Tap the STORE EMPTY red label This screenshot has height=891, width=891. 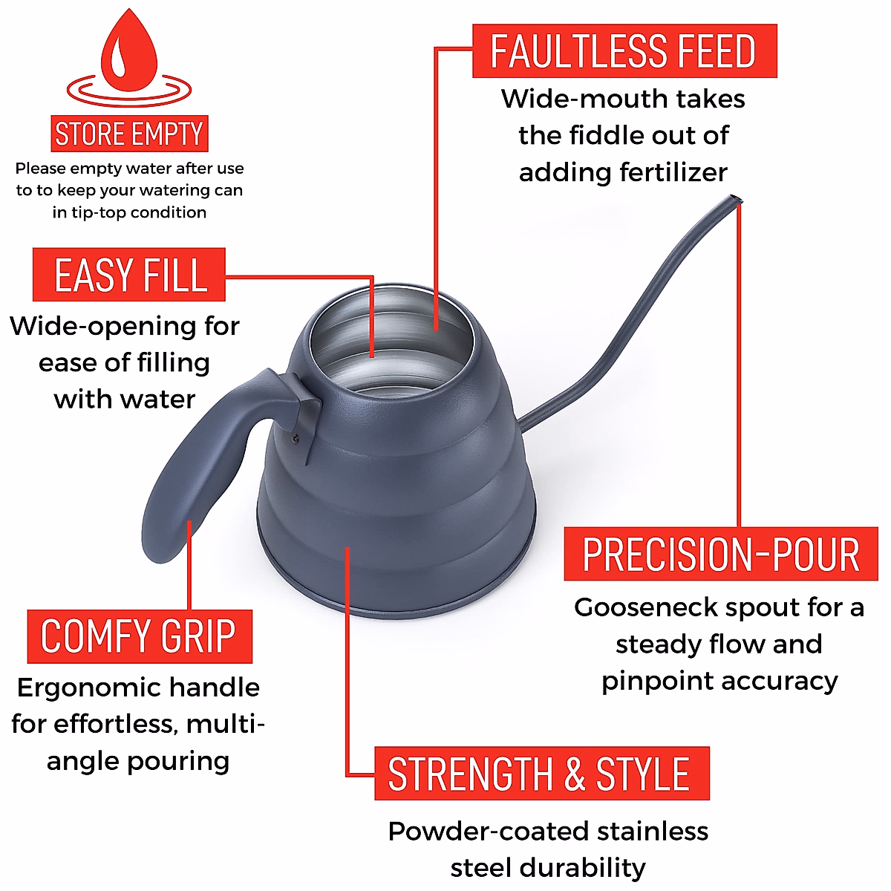pos(129,134)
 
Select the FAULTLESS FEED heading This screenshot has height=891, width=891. pos(624,51)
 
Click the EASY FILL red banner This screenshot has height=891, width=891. pos(129,275)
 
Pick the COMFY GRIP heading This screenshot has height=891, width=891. pos(139,636)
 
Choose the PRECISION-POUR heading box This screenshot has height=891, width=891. pos(720,555)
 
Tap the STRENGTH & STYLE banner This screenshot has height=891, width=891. pos(541,774)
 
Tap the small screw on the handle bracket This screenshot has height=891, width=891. pos(296,437)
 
